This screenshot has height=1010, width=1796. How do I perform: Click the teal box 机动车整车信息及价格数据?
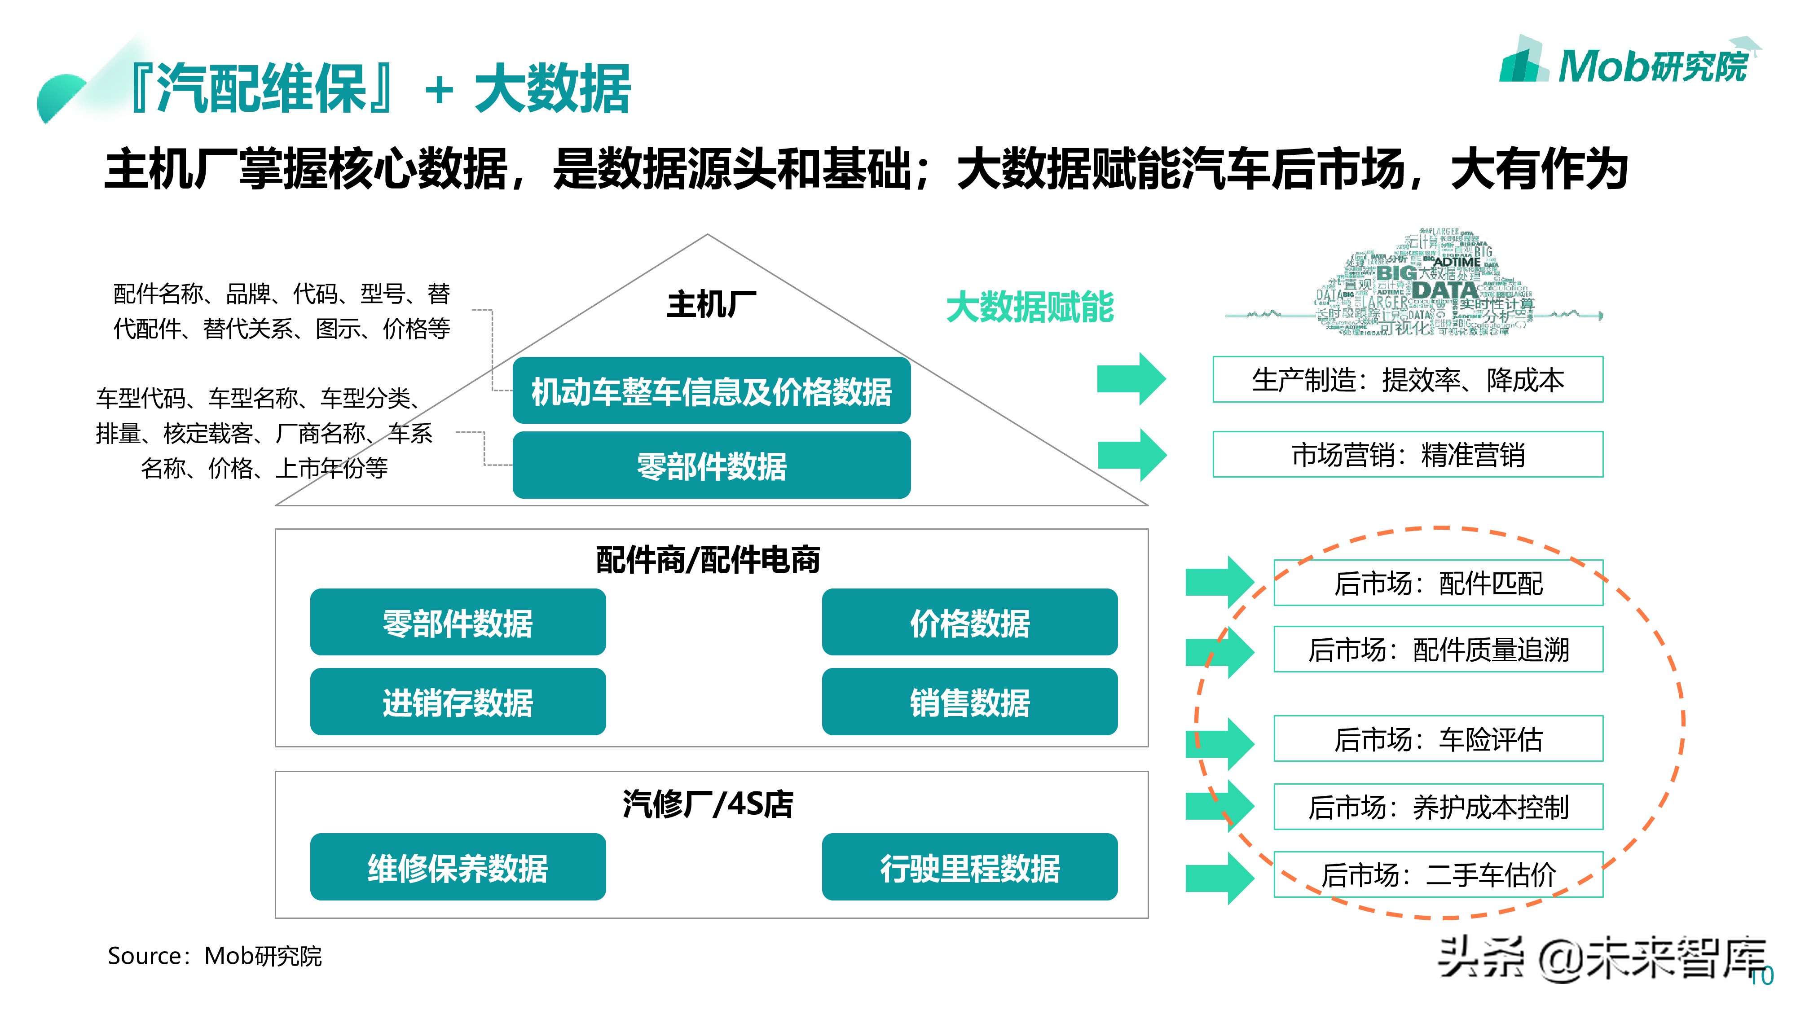(x=711, y=391)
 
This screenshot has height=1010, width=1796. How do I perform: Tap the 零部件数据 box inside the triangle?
(x=711, y=465)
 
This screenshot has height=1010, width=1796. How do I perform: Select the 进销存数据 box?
(x=458, y=701)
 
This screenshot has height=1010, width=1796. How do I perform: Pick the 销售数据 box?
(x=969, y=701)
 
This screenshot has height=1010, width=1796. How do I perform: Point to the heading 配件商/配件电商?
(x=708, y=560)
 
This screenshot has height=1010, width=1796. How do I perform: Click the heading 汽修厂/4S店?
(x=708, y=803)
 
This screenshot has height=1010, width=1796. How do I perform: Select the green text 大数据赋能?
(x=1029, y=307)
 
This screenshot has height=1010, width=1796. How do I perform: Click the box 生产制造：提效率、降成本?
(x=1407, y=380)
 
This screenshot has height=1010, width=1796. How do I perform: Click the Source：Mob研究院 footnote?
(x=215, y=956)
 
